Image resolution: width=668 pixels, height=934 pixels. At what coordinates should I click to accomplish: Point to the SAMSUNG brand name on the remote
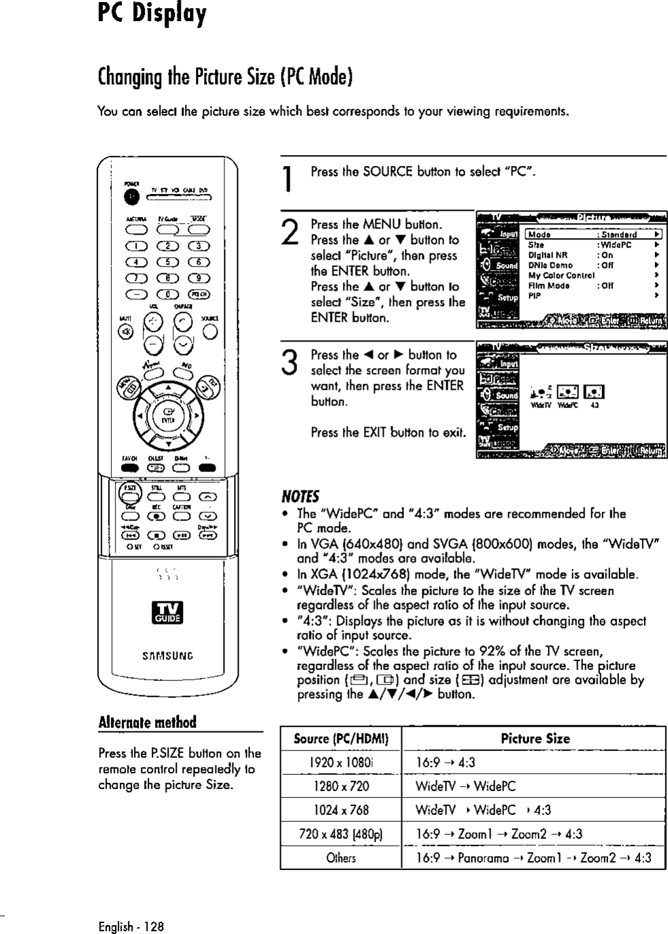point(167,656)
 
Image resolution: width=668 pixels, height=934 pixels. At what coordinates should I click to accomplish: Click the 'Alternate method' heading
point(147,722)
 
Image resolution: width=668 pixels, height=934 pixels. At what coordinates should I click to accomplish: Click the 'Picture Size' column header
point(535,739)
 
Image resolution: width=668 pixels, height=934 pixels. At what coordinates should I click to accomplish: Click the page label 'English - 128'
point(131,926)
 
